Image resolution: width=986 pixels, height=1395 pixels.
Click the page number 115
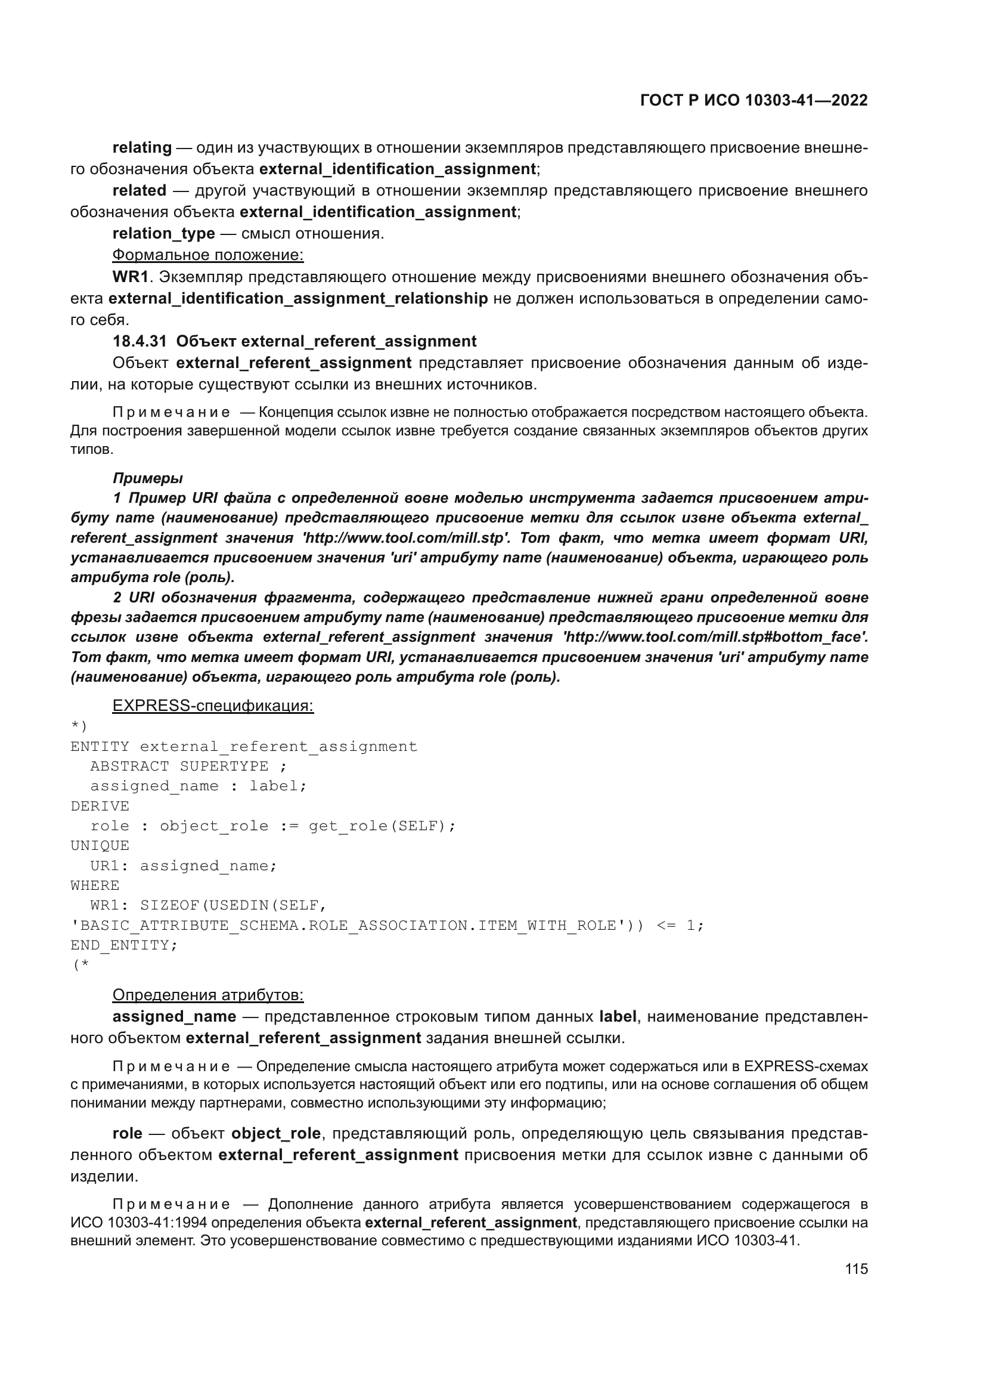coord(856,1269)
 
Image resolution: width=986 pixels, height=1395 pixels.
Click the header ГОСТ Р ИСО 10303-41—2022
coord(754,100)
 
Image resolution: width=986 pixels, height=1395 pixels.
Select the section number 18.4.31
coord(139,342)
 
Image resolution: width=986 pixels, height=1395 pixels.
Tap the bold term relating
coord(142,148)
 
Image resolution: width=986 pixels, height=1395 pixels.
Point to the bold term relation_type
coord(164,233)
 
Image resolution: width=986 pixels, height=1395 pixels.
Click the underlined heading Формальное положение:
coord(207,255)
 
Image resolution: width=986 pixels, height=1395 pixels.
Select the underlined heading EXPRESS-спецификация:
coord(213,706)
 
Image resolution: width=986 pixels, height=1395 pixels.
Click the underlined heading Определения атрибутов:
coord(207,995)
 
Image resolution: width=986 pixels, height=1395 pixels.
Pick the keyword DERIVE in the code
coord(100,806)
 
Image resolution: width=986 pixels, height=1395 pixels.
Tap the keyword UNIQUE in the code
coord(100,846)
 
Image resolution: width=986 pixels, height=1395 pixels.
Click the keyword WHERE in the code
coord(95,885)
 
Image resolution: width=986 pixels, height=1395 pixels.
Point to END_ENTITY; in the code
coord(124,945)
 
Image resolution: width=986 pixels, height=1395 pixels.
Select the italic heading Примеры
coord(147,478)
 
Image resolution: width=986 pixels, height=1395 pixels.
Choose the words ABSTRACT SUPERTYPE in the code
coord(179,766)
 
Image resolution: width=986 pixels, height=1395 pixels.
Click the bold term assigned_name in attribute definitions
coord(174,1016)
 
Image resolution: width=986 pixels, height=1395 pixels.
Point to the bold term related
coord(139,191)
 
